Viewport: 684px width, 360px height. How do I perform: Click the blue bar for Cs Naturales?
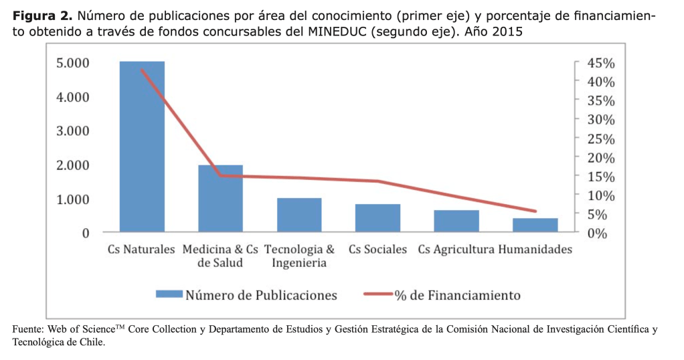click(x=142, y=147)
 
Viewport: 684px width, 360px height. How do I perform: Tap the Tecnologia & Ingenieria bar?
click(x=299, y=215)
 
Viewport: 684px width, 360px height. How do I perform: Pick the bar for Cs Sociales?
click(x=377, y=218)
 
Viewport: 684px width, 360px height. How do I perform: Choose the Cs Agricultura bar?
click(x=456, y=221)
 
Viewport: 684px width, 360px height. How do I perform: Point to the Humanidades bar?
click(x=535, y=226)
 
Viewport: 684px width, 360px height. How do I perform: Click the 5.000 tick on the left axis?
click(x=73, y=63)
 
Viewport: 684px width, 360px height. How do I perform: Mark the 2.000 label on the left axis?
click(x=73, y=165)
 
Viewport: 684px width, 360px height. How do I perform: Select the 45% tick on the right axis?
click(x=600, y=63)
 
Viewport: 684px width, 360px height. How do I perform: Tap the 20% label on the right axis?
click(x=600, y=157)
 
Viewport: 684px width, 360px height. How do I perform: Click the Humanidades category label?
click(x=535, y=250)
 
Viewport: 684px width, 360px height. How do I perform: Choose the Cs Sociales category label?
click(x=377, y=250)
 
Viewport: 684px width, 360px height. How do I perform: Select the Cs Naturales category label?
click(x=141, y=250)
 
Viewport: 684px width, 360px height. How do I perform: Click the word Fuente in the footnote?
click(x=27, y=330)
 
